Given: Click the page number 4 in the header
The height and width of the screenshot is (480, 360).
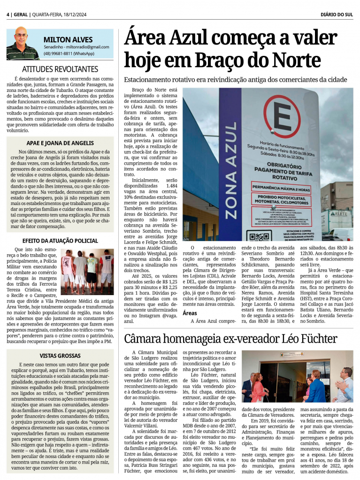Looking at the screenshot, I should coord(8,15).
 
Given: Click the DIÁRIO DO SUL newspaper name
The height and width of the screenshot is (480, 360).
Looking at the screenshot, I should coord(337,15).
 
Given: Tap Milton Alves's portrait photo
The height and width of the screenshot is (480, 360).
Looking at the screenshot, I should coord(22,44).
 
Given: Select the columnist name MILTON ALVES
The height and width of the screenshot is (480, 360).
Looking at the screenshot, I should coord(68,39).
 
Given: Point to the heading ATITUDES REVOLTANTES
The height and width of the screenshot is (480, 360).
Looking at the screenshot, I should coord(60,69).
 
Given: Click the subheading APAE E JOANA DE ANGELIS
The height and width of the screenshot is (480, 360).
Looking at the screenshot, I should coord(60,143).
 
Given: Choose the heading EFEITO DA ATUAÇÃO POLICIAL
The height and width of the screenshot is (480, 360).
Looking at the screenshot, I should coord(60,241).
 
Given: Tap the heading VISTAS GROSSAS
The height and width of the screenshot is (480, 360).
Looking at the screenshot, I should coord(60,355).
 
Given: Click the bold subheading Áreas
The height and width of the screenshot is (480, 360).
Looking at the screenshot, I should coord(190,312).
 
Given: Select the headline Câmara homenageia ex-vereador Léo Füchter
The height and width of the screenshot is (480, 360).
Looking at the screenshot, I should coord(230,338).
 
